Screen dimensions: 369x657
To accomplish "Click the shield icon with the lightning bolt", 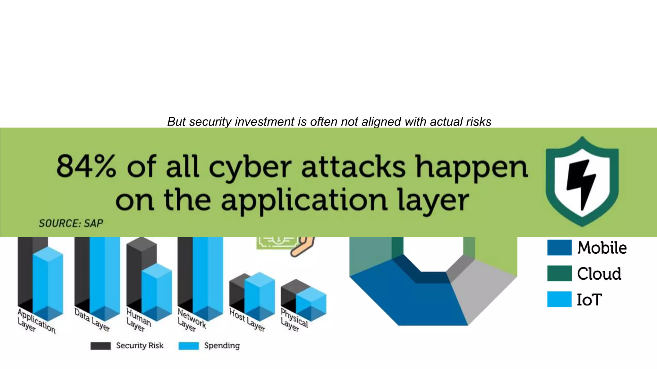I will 582,181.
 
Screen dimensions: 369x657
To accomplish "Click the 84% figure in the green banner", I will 86,166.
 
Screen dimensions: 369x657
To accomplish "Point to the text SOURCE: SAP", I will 71,223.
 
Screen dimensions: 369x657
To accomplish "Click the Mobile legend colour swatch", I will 559,248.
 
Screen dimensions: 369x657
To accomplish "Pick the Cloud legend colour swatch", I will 559,273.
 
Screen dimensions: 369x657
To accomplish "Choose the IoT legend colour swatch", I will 559,299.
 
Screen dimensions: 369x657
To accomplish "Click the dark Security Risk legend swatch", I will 100,346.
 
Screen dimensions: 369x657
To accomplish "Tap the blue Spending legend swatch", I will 189,346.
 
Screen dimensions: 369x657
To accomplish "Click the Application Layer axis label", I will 36,321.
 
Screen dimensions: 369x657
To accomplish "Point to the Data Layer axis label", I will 92,319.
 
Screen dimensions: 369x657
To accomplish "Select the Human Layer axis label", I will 138,320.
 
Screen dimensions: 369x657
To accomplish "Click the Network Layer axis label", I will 191,320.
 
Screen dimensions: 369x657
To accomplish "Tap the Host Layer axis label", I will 247,319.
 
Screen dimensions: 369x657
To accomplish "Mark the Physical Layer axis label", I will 294,320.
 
